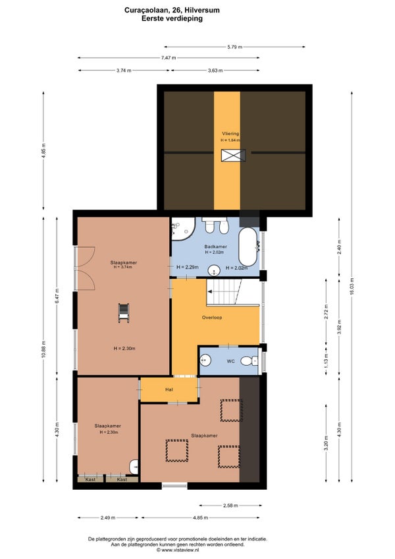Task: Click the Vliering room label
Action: pyautogui.click(x=230, y=134)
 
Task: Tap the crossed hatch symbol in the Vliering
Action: pyautogui.click(x=233, y=156)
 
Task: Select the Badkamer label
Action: pyautogui.click(x=215, y=247)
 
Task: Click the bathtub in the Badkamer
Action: pyautogui.click(x=249, y=247)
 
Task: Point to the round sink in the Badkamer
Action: pyautogui.click(x=214, y=270)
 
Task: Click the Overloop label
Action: pyautogui.click(x=212, y=317)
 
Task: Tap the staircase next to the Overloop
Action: pyautogui.click(x=224, y=292)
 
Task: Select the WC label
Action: pyautogui.click(x=231, y=361)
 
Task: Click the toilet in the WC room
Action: pyautogui.click(x=250, y=361)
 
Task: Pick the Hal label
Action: pyautogui.click(x=169, y=390)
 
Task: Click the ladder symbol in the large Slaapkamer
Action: pyautogui.click(x=124, y=312)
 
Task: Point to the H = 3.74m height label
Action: pyautogui.click(x=123, y=267)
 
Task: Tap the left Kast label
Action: pyautogui.click(x=90, y=479)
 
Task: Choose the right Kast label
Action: pyautogui.click(x=122, y=479)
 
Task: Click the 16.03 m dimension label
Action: pyautogui.click(x=352, y=286)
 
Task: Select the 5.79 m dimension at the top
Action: pyautogui.click(x=235, y=47)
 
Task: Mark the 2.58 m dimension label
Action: pyautogui.click(x=230, y=505)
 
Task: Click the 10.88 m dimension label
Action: pyautogui.click(x=43, y=349)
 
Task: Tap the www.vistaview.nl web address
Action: pyautogui.click(x=178, y=550)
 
